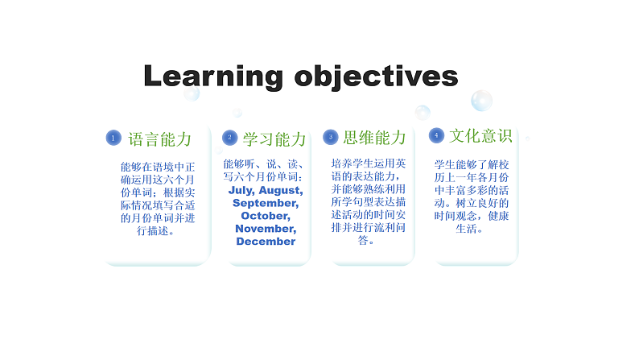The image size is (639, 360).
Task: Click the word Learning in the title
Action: click(212, 77)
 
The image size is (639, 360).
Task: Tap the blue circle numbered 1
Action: click(113, 139)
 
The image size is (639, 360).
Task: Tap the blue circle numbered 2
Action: click(230, 139)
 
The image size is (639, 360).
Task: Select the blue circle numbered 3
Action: click(329, 137)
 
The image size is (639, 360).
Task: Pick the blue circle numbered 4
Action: click(435, 134)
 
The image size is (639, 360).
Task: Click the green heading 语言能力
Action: click(160, 139)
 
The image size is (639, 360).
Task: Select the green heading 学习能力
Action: click(274, 139)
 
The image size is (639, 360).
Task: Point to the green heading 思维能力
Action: click(374, 138)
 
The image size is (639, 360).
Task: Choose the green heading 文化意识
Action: click(480, 135)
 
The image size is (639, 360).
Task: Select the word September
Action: click(266, 203)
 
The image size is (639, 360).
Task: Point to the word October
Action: click(266, 216)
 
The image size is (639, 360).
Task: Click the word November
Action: click(266, 229)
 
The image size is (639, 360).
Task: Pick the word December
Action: click(266, 242)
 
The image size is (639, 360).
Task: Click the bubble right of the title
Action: click(481, 101)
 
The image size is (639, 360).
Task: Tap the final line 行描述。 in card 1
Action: click(156, 230)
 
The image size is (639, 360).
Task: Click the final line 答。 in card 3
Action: click(366, 240)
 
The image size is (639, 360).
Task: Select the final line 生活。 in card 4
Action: click(469, 229)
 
